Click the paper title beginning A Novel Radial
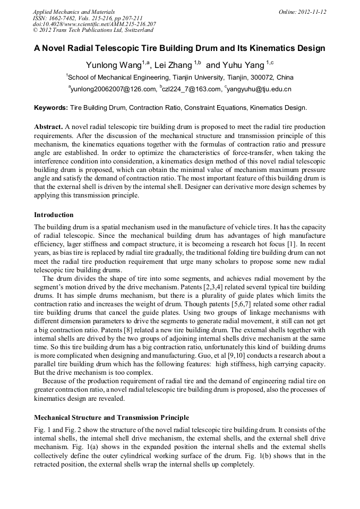pos(179,48)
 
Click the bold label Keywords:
pos(51,108)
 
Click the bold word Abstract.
pos(48,127)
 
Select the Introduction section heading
pos(54,215)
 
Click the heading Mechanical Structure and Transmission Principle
pos(111,418)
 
